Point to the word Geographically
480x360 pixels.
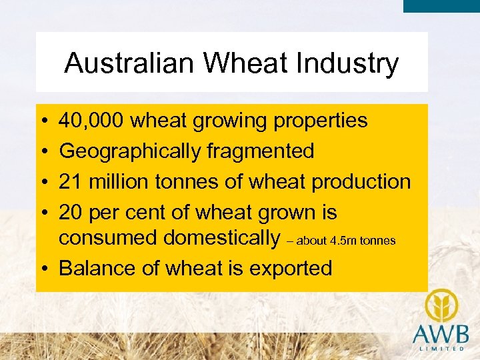[x=129, y=151]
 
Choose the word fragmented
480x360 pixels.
[x=260, y=151]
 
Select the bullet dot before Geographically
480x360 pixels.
[x=42, y=151]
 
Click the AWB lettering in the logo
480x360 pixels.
[x=440, y=333]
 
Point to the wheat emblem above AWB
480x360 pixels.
[x=440, y=304]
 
